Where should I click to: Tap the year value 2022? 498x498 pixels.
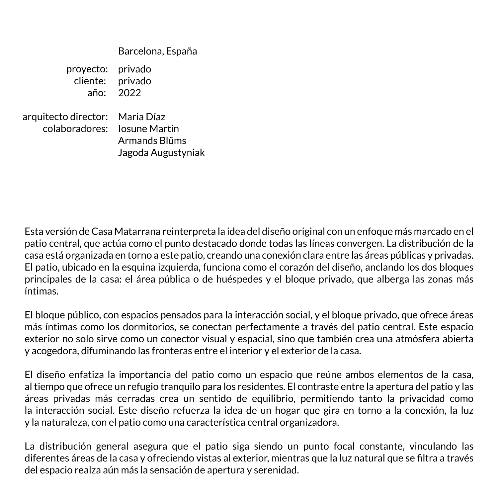129,93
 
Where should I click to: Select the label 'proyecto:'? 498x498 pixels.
87,69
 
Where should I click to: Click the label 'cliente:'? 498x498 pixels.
90,81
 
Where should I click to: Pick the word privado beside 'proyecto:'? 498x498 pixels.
134,69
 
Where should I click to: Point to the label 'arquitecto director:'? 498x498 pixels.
65,117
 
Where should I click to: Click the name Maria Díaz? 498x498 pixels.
141,117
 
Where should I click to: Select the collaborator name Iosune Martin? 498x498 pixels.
148,129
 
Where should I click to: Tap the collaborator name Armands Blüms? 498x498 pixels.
152,141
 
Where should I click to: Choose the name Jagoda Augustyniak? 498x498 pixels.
161,153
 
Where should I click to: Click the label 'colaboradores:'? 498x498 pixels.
75,129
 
